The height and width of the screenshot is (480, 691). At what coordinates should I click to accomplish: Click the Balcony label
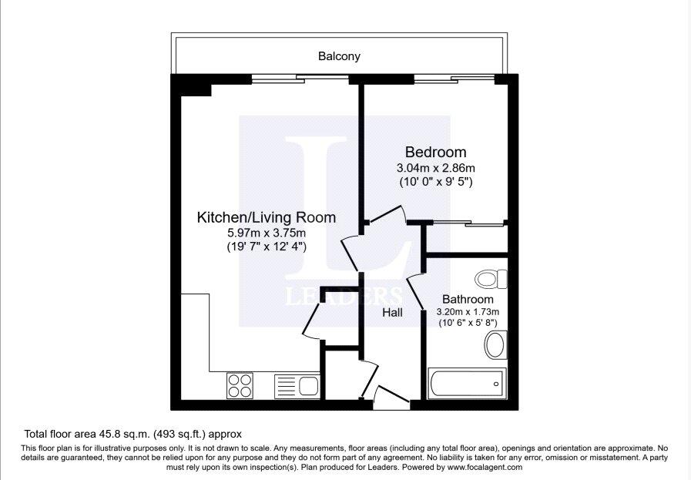pyautogui.click(x=339, y=56)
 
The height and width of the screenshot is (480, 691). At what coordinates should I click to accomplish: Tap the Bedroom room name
pyautogui.click(x=435, y=152)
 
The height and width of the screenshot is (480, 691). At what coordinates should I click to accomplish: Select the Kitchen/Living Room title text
pyautogui.click(x=267, y=217)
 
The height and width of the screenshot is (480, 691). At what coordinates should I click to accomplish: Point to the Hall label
pyautogui.click(x=394, y=313)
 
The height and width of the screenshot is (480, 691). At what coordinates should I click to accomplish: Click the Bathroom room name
pyautogui.click(x=467, y=299)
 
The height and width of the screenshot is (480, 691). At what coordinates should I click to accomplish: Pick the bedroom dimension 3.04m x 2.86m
pyautogui.click(x=435, y=168)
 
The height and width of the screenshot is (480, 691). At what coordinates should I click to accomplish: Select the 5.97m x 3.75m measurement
pyautogui.click(x=267, y=233)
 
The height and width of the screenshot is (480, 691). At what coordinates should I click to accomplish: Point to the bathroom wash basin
pyautogui.click(x=495, y=345)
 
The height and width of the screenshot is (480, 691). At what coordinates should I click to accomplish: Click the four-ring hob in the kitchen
pyautogui.click(x=240, y=384)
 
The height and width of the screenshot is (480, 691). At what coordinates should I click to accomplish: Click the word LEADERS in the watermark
pyautogui.click(x=344, y=296)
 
